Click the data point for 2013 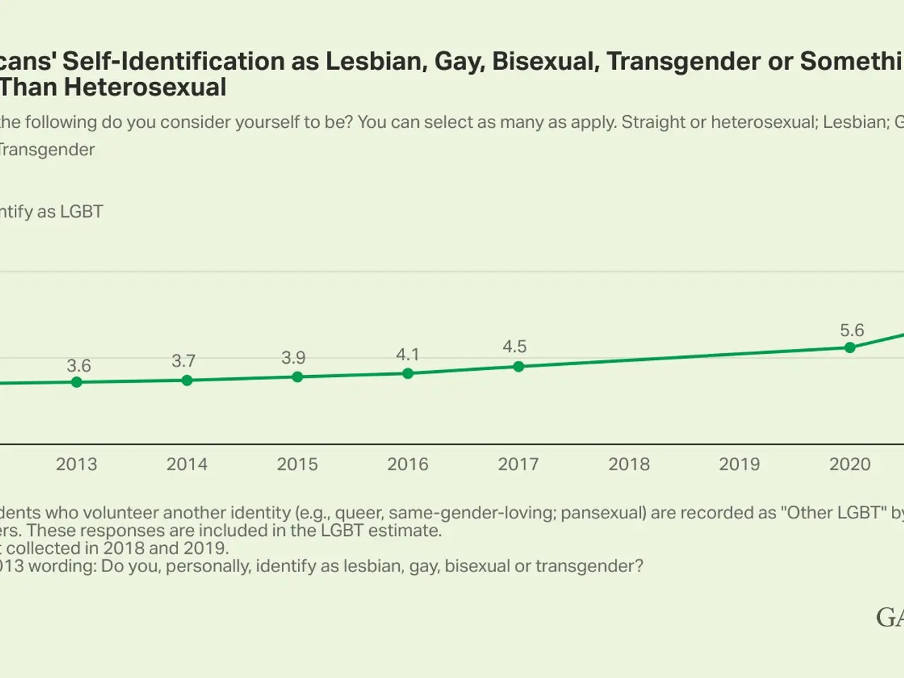click(77, 382)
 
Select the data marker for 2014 click(187, 380)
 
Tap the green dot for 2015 click(297, 376)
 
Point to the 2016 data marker click(408, 373)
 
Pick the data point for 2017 click(518, 367)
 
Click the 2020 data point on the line click(850, 347)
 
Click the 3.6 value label click(78, 366)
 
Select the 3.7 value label click(184, 361)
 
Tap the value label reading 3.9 click(293, 358)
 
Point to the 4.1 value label click(408, 355)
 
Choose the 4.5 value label click(514, 347)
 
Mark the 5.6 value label click(852, 331)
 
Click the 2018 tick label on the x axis click(629, 464)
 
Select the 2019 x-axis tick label click(739, 464)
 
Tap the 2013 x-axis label click(76, 464)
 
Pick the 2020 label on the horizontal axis click(850, 464)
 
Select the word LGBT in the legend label click(81, 212)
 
